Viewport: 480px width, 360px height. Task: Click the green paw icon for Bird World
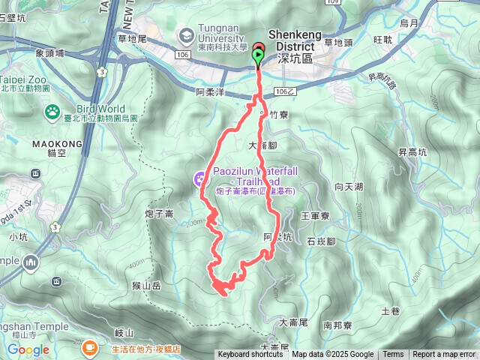(52, 113)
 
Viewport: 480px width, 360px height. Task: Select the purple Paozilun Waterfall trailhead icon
(199, 178)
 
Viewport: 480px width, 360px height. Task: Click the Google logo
(28, 349)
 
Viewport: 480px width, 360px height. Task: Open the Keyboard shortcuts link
(250, 355)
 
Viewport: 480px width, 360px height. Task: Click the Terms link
(393, 355)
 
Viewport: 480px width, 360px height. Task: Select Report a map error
(444, 355)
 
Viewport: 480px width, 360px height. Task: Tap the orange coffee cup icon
(89, 347)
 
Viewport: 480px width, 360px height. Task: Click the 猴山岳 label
(147, 285)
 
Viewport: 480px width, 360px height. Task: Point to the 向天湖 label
(349, 186)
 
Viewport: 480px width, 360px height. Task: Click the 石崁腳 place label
(322, 241)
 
